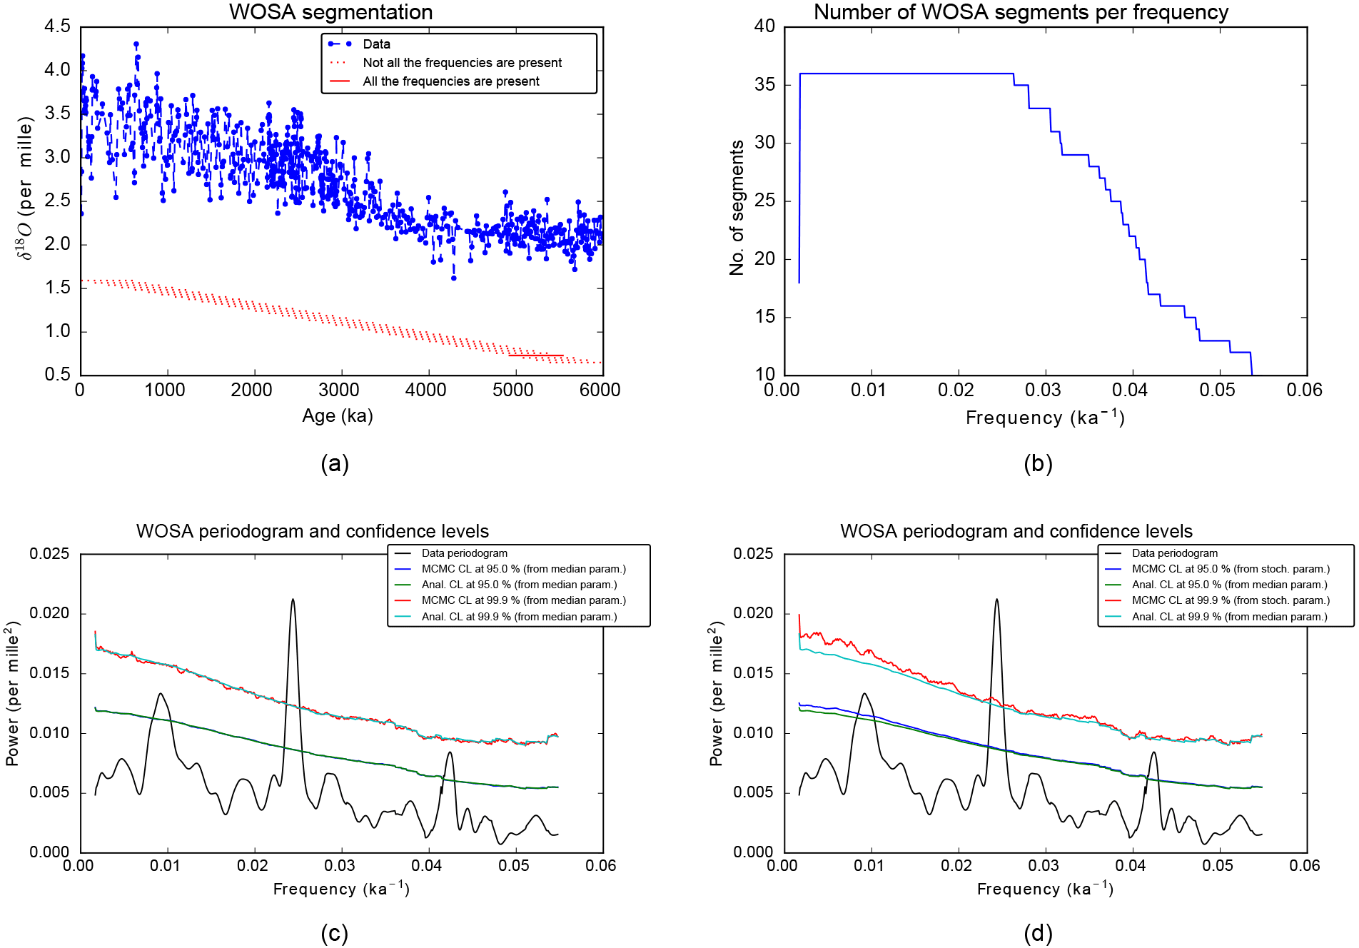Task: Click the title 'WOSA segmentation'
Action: pos(330,12)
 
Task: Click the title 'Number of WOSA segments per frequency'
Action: pos(1021,12)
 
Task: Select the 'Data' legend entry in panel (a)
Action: pos(376,44)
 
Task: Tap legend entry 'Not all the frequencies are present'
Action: pos(462,63)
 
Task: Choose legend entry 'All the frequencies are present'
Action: pos(450,81)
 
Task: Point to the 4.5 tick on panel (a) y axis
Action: pos(57,27)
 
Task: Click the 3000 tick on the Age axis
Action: pos(339,390)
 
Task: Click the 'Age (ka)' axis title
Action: pos(337,415)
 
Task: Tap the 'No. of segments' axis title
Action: pos(737,207)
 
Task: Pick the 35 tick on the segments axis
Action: pos(764,85)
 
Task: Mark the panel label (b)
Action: pos(1038,464)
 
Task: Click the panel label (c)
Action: pos(334,933)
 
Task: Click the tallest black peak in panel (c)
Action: pos(293,600)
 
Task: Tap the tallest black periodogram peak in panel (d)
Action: pos(996,600)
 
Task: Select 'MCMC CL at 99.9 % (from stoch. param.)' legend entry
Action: pos(1231,600)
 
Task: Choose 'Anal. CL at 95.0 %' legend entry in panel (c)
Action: pos(519,585)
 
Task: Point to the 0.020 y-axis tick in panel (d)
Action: pos(753,614)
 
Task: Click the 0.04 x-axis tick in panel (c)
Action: pos(427,866)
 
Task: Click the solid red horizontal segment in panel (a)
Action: pos(535,355)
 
